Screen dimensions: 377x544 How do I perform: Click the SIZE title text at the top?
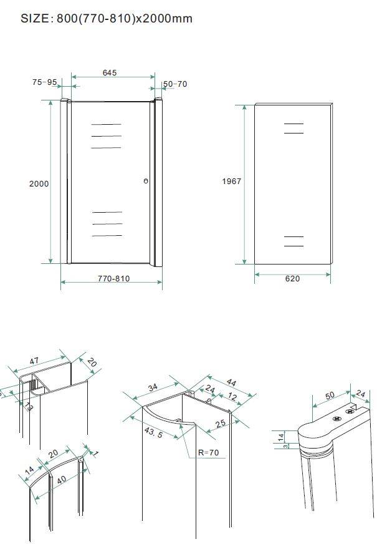click(107, 19)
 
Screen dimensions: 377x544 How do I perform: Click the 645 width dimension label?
click(110, 73)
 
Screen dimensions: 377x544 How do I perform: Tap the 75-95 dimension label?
click(44, 82)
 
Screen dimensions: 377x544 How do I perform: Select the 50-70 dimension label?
click(175, 84)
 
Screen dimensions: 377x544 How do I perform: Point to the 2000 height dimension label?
click(39, 184)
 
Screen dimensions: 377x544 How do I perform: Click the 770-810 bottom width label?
click(113, 279)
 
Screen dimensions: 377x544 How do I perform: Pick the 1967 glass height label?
click(231, 182)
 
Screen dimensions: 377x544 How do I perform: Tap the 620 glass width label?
click(292, 279)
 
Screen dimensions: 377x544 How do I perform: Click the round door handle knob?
click(146, 182)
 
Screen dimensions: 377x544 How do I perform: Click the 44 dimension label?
click(231, 382)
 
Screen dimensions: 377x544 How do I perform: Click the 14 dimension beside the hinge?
click(280, 436)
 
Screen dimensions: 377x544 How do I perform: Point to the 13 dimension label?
click(29, 407)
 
